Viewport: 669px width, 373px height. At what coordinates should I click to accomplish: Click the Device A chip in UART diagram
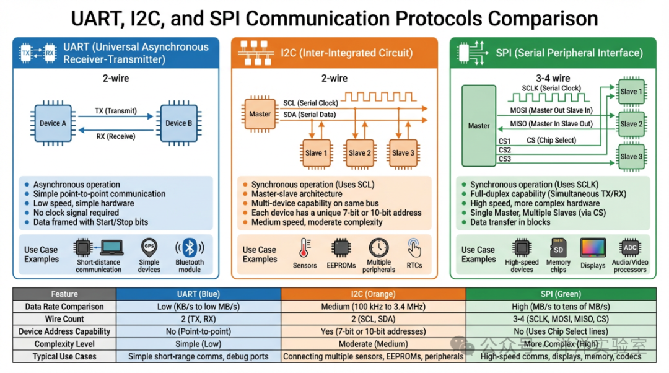coord(53,123)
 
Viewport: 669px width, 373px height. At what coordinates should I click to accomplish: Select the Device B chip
coord(178,123)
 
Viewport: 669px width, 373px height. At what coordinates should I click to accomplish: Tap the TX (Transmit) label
coord(115,110)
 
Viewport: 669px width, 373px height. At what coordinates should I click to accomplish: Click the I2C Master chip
coord(260,114)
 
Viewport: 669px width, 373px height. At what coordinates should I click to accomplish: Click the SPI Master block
coord(478,125)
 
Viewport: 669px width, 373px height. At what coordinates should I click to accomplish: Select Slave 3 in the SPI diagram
coord(631,157)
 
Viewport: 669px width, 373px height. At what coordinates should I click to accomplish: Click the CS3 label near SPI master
coord(505,159)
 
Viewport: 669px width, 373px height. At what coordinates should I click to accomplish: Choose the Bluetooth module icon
coord(190,248)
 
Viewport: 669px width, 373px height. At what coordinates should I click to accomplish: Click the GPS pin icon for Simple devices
coord(149,247)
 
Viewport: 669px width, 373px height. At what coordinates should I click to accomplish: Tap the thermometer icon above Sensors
coord(304,248)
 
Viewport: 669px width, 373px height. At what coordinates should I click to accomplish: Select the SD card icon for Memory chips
coord(557,247)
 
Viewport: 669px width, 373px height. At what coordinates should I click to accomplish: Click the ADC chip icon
coord(630,247)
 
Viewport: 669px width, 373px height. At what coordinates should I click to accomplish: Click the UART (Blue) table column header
coord(198,294)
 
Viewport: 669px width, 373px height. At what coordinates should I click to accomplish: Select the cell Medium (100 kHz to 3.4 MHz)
coord(373,307)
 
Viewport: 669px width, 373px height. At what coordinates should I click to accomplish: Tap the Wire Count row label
coord(64,319)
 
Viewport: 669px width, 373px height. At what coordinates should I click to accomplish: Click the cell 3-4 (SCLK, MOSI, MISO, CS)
coord(561,319)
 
